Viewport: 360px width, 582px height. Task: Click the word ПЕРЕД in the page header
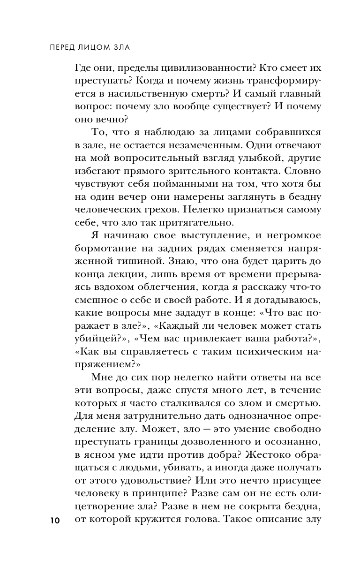64,47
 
